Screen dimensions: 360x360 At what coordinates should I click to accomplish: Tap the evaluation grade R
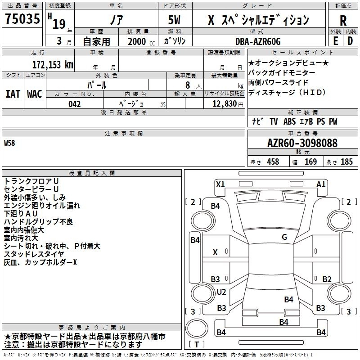[343, 20]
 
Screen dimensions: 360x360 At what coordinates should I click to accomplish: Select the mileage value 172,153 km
[53, 64]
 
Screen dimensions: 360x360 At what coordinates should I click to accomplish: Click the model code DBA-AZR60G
[258, 41]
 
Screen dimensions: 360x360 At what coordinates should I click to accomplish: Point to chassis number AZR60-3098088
[302, 143]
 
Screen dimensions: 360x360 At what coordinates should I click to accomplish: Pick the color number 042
[74, 104]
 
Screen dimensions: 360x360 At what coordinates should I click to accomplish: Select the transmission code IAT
[13, 94]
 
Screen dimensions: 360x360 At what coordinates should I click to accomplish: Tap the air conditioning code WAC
[35, 94]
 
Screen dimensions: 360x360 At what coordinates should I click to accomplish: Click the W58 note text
[9, 143]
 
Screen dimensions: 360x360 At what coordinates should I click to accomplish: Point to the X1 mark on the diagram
[220, 184]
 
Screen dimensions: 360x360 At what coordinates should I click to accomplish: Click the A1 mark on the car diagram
[321, 184]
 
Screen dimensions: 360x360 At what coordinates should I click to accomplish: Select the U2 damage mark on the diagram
[221, 292]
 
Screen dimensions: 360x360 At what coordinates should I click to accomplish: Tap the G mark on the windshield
[284, 237]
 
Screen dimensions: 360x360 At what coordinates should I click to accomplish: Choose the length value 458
[273, 162]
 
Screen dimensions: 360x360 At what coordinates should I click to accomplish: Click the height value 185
[346, 162]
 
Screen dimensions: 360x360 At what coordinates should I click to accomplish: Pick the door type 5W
[175, 20]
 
